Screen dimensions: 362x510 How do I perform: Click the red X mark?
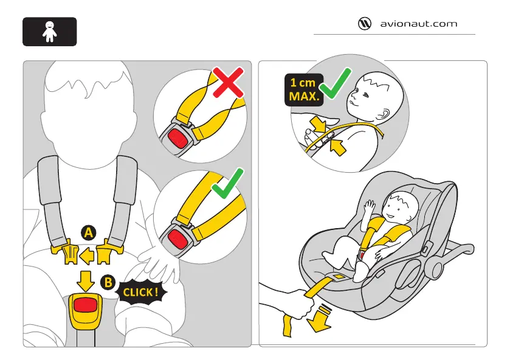tap(228, 83)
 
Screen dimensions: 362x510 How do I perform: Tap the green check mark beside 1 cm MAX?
tap(336, 85)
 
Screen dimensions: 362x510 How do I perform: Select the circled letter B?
tap(108, 282)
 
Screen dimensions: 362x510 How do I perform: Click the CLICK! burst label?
tap(141, 293)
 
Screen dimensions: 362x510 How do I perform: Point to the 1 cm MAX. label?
tap(303, 90)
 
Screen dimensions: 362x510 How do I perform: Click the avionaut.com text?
tap(418, 24)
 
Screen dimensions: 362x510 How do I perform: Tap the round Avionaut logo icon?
tap(365, 24)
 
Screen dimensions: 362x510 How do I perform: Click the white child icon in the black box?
tap(49, 32)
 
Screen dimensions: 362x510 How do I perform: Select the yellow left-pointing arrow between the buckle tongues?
tap(88, 254)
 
